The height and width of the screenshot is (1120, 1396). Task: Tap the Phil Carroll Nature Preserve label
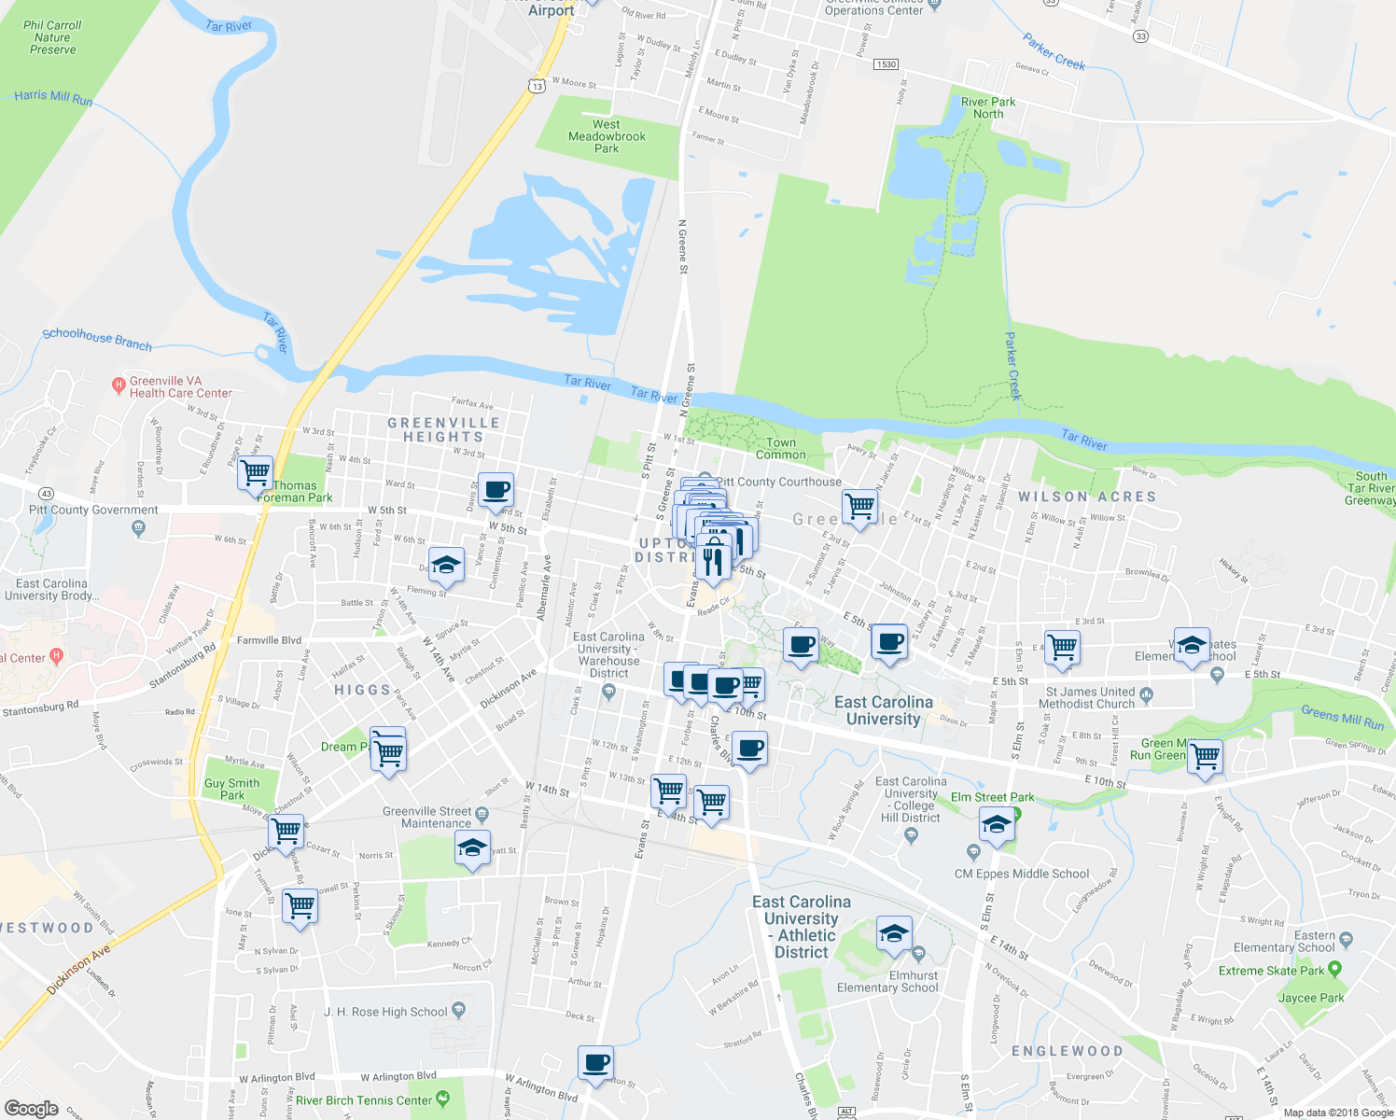pos(52,37)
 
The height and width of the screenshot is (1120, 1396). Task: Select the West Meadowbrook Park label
pos(607,136)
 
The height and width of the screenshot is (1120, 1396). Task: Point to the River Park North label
pos(988,108)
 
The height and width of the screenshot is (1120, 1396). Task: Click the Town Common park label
pos(781,449)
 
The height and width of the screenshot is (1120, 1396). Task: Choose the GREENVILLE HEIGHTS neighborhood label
pos(444,430)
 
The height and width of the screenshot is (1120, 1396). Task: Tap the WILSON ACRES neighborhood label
pos(1087,497)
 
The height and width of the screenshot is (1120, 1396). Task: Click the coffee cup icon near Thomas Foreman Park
pos(496,489)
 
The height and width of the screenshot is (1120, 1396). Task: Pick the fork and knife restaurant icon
pos(713,560)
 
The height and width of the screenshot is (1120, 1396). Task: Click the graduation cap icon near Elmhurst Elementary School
pos(894,933)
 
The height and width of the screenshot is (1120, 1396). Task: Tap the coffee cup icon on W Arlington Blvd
pos(595,1062)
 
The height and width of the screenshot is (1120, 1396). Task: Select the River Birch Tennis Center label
pos(364,1100)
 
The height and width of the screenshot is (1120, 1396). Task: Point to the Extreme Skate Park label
pos(1271,971)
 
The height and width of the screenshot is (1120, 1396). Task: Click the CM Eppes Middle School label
pos(1022,875)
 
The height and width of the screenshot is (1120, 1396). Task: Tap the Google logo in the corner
pos(31,1109)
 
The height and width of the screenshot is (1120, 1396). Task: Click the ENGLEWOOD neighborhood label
pos(1068,1051)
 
